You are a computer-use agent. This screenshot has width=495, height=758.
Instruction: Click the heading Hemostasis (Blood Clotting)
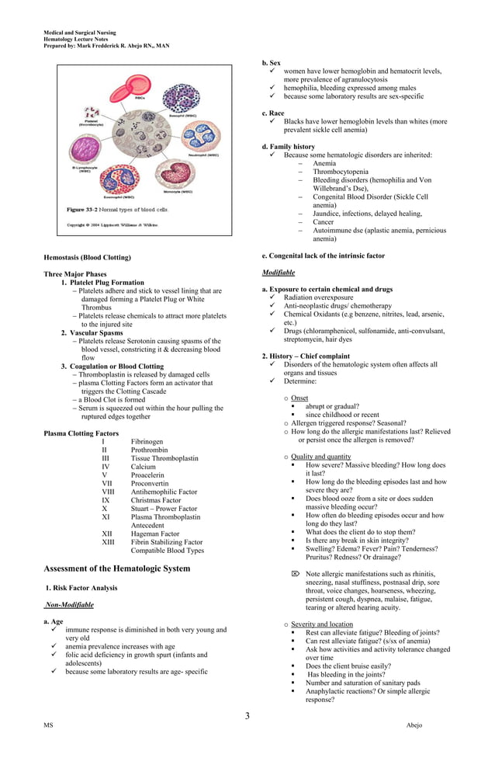coord(87,257)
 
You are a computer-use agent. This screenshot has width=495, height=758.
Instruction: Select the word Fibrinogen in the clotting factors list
coord(147,441)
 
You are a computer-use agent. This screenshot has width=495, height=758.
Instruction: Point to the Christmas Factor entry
coord(156,500)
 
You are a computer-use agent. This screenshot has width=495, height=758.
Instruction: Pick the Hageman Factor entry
coord(155,534)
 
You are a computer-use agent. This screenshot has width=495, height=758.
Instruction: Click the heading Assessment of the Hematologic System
coord(116,568)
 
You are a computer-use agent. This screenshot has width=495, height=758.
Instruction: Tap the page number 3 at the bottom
coord(247,715)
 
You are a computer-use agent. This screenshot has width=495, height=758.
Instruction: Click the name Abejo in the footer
coord(414,725)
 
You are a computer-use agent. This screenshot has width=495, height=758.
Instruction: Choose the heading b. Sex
coord(272,62)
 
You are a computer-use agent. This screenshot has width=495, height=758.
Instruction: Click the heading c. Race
coord(273,113)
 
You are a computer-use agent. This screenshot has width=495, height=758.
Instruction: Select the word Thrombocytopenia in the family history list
coord(341,172)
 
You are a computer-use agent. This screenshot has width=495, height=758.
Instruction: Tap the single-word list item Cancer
coord(324,222)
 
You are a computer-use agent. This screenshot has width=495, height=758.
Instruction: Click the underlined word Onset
coord(299,398)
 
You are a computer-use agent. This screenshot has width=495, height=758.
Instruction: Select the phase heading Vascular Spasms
coord(96,332)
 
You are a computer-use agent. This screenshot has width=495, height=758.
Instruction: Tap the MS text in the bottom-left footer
coord(49,725)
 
